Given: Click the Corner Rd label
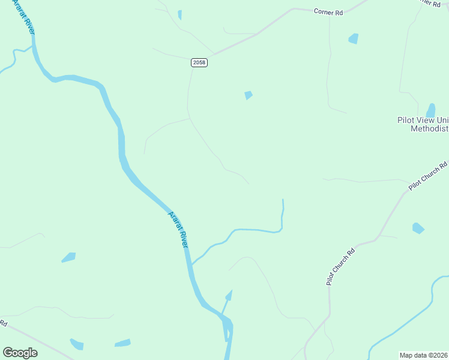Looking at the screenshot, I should pyautogui.click(x=328, y=11).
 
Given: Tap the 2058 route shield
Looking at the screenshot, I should pyautogui.click(x=199, y=62).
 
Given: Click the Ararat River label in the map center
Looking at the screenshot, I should pyautogui.click(x=178, y=230).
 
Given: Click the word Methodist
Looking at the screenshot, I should pyautogui.click(x=429, y=129).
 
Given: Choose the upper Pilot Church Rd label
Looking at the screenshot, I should pyautogui.click(x=428, y=176).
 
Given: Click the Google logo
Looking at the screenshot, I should pyautogui.click(x=20, y=353).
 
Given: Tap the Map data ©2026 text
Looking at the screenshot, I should pyautogui.click(x=424, y=355).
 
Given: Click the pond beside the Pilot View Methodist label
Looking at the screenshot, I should pyautogui.click(x=430, y=110).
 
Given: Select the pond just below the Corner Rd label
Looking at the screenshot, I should pyautogui.click(x=354, y=39).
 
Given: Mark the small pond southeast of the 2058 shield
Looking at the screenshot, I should pyautogui.click(x=248, y=95).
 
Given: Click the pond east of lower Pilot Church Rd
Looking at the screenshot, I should pyautogui.click(x=418, y=228).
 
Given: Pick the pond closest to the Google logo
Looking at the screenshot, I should pyautogui.click(x=76, y=344).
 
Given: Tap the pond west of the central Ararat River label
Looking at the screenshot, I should pyautogui.click(x=69, y=257).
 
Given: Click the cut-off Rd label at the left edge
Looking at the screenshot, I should pyautogui.click(x=3, y=323).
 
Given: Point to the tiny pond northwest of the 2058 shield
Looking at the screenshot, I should pyautogui.click(x=179, y=14).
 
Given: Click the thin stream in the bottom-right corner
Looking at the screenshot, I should pyautogui.click(x=408, y=322).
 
